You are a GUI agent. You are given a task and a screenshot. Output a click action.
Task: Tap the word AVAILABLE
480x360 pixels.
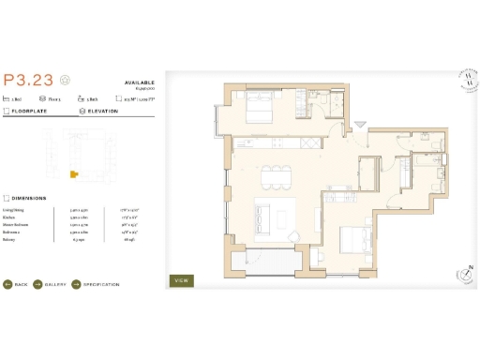(x=138, y=82)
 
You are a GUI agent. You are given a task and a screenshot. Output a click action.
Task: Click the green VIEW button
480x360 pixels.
(x=182, y=279)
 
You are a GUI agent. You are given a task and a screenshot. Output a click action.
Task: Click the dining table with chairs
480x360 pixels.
(x=276, y=175)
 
